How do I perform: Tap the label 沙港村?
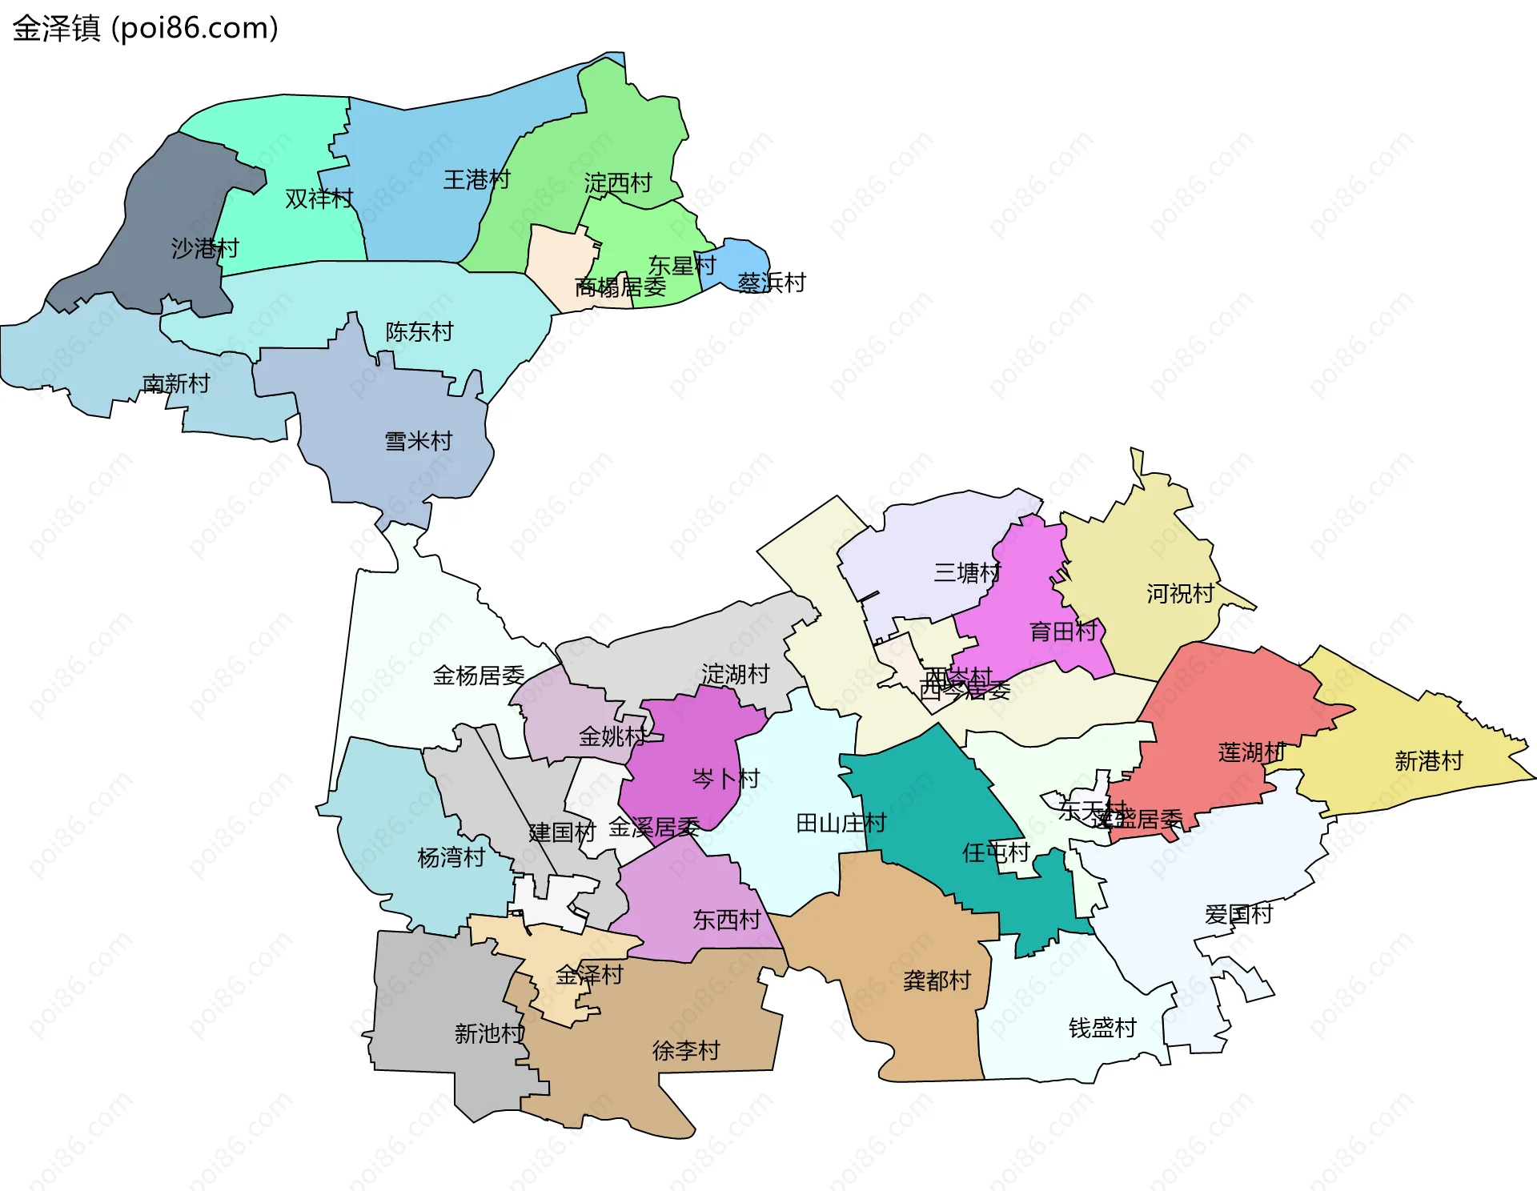click(205, 248)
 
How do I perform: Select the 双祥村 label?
click(319, 198)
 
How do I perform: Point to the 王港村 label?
click(476, 179)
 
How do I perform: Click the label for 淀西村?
click(617, 183)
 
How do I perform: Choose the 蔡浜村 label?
click(771, 283)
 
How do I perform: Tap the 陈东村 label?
click(419, 331)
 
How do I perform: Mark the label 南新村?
click(175, 384)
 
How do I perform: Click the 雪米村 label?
click(418, 441)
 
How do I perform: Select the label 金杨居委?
click(478, 676)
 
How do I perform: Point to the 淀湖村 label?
click(735, 674)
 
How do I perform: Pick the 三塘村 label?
click(966, 572)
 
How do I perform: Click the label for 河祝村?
click(1180, 593)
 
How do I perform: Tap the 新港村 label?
click(1428, 760)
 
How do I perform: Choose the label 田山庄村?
click(841, 823)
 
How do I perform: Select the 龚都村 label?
click(937, 980)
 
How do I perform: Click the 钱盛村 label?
click(1102, 1028)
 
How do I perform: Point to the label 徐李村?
click(686, 1050)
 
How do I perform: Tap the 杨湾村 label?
click(451, 857)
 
